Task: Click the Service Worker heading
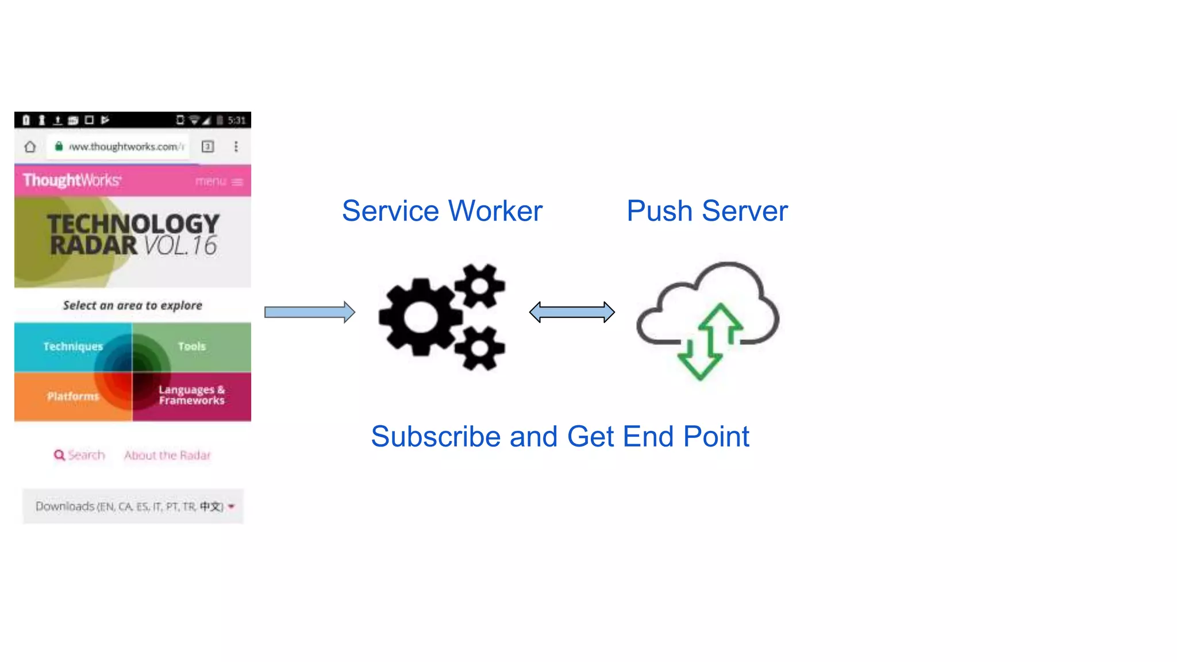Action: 441,211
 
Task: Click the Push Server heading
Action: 707,211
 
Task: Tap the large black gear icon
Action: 420,317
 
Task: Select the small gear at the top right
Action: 480,286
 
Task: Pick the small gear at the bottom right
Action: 480,348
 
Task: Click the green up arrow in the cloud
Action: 720,328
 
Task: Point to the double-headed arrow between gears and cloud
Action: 572,312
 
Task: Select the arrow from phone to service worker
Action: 309,312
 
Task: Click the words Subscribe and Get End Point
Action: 560,437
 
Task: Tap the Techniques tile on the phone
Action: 72,347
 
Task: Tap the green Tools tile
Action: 191,347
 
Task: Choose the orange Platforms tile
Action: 72,397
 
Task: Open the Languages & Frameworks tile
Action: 191,395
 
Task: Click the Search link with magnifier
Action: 79,455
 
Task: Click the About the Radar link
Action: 167,455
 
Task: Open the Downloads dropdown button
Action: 133,506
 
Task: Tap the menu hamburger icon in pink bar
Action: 237,182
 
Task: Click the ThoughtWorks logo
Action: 72,180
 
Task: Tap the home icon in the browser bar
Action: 30,147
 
